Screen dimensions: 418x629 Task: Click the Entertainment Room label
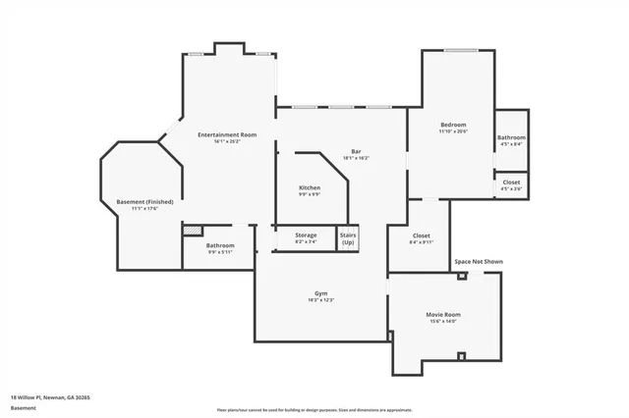point(226,134)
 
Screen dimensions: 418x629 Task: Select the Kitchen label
point(310,186)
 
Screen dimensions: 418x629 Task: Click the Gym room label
point(320,293)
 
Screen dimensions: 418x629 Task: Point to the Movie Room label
point(443,314)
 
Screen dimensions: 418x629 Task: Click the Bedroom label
point(452,125)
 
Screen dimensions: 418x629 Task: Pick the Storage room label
point(306,235)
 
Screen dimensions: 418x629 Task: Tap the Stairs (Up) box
point(348,238)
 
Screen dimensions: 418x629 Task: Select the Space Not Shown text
point(478,262)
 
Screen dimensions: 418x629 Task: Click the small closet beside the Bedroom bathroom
point(511,183)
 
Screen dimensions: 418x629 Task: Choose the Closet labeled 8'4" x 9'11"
point(421,235)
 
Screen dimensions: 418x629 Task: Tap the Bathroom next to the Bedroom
point(511,138)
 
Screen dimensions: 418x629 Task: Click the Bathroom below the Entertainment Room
point(220,245)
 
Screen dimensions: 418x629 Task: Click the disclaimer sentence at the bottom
point(314,409)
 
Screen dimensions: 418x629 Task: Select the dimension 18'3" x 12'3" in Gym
point(320,300)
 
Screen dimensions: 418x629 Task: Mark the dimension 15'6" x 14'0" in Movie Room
point(443,321)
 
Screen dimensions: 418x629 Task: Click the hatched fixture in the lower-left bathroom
point(193,231)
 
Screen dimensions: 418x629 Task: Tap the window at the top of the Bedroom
point(460,50)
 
